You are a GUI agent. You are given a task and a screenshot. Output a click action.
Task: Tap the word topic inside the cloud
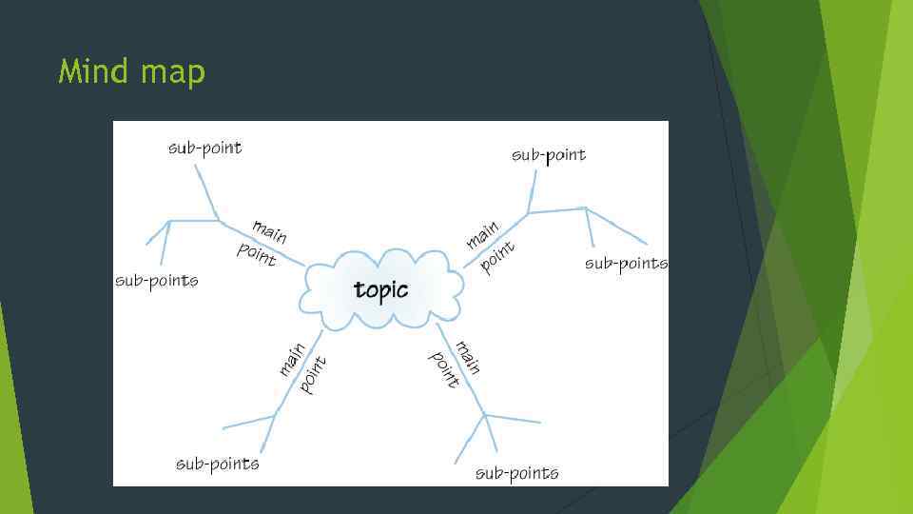coord(380,289)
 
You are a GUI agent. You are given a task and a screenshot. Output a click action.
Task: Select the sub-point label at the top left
coord(204,148)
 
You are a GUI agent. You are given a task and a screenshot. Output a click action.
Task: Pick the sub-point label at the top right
coord(549,154)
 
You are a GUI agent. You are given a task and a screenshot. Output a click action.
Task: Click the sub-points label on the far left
coord(156,280)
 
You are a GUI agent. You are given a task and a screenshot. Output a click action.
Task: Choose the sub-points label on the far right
coord(626,263)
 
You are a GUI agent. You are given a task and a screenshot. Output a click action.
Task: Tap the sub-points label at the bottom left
coord(217,464)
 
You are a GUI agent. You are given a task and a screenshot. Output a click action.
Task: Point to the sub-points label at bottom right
coord(516,472)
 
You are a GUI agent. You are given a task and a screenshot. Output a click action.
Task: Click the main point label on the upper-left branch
coord(262,242)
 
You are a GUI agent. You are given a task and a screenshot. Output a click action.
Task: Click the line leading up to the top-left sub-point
coord(206,191)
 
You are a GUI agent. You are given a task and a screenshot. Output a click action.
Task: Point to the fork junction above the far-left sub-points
coord(170,222)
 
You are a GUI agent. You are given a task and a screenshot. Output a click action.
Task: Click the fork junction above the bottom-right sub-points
coord(485,415)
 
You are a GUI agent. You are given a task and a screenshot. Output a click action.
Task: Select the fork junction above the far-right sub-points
coord(585,208)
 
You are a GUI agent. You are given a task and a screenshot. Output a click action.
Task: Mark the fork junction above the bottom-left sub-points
coord(274,415)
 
